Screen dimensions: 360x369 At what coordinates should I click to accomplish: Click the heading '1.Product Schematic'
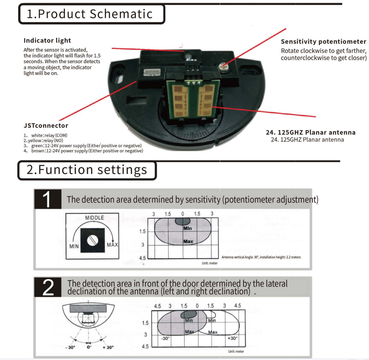pyautogui.click(x=89, y=14)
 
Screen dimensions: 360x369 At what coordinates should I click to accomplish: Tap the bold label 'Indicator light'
pyautogui.click(x=47, y=40)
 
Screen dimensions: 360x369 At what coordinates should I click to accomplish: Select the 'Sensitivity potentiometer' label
pyautogui.click(x=323, y=42)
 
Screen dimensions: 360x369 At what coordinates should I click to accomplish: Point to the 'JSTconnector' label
pyautogui.click(x=46, y=126)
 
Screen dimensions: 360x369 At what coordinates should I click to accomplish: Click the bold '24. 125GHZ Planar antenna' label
pyautogui.click(x=310, y=132)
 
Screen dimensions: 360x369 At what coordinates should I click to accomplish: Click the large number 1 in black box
pyautogui.click(x=48, y=200)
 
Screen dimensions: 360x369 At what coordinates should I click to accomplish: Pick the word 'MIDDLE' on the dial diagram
pyautogui.click(x=94, y=218)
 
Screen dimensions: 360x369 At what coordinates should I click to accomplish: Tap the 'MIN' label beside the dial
pyautogui.click(x=74, y=246)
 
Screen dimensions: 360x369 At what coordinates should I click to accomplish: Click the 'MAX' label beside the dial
pyautogui.click(x=112, y=244)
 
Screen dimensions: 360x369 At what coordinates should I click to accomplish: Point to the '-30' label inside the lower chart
pyautogui.click(x=165, y=339)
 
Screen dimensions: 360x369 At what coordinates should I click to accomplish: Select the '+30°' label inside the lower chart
pyautogui.click(x=232, y=338)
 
